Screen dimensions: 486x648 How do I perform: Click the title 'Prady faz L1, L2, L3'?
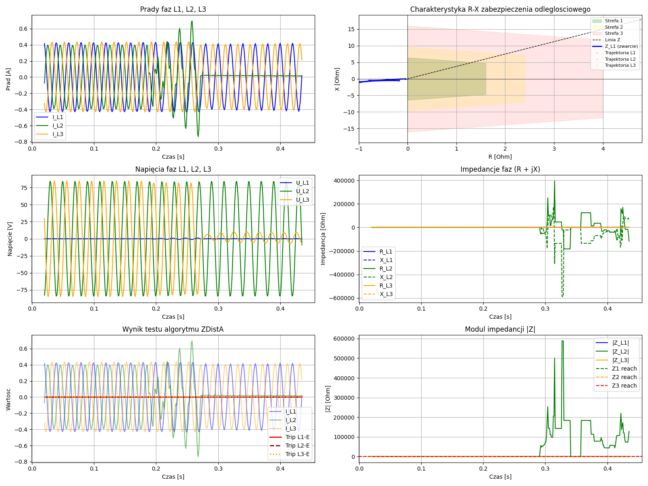tap(173, 9)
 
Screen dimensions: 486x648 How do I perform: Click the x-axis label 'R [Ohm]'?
tap(500, 157)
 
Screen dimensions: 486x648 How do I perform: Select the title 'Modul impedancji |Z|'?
tap(500, 329)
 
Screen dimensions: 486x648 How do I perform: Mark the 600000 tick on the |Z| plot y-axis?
tap(343, 339)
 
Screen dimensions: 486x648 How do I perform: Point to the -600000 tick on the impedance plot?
tap(342, 298)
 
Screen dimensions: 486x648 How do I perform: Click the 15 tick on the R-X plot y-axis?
tap(351, 29)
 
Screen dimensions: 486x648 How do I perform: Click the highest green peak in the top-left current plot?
tap(192, 21)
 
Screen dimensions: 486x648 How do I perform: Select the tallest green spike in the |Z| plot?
tap(563, 341)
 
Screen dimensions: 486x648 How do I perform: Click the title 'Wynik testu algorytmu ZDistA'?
tap(173, 329)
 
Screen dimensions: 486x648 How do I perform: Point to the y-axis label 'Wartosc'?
tap(9, 399)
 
